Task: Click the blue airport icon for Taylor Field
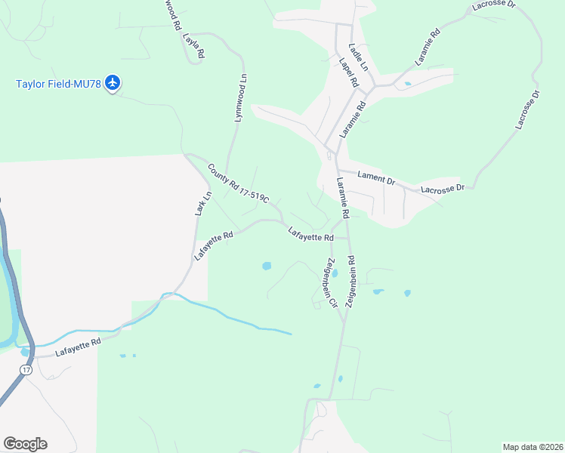point(113,82)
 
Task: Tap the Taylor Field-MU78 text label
point(58,83)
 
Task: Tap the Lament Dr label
point(376,179)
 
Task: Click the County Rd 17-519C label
point(238,185)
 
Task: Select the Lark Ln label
point(202,203)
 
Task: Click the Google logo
point(25,444)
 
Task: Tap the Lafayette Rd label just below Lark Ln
point(212,246)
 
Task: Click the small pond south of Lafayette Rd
point(266,266)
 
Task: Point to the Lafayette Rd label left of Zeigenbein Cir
point(310,236)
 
